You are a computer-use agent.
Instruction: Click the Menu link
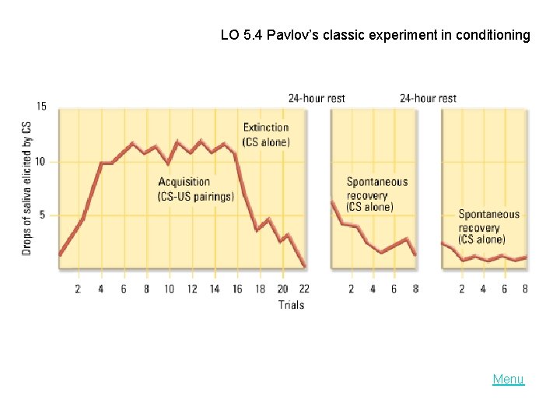508,380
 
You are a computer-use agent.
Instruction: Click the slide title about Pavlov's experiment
375,35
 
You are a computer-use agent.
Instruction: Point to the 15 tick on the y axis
41,107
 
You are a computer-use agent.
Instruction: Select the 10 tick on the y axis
41,162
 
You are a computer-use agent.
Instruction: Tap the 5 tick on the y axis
44,215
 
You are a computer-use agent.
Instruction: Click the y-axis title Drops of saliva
26,187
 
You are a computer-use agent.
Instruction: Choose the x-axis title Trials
291,305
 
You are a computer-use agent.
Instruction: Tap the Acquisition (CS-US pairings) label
195,189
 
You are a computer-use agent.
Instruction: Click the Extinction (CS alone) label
266,135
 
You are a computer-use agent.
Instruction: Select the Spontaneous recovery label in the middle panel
376,194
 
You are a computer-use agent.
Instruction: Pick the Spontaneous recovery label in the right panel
488,226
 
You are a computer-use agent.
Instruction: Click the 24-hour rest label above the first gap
317,98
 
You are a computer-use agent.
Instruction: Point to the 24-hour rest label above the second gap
428,98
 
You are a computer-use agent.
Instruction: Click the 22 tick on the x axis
304,289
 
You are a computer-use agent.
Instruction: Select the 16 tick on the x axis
237,289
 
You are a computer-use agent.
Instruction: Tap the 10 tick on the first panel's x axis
169,289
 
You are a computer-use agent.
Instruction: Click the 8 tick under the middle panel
415,289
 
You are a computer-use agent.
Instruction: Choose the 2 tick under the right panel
462,289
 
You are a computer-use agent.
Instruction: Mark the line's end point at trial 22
304,266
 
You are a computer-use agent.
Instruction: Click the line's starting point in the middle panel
332,201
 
